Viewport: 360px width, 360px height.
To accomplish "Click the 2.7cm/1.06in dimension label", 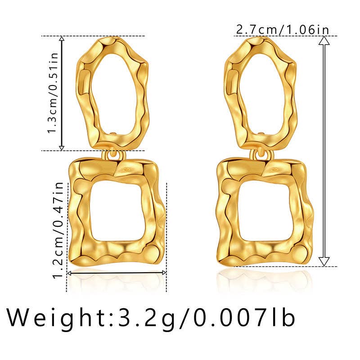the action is click(283, 30).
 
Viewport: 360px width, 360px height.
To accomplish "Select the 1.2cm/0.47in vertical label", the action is click(58, 230).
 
